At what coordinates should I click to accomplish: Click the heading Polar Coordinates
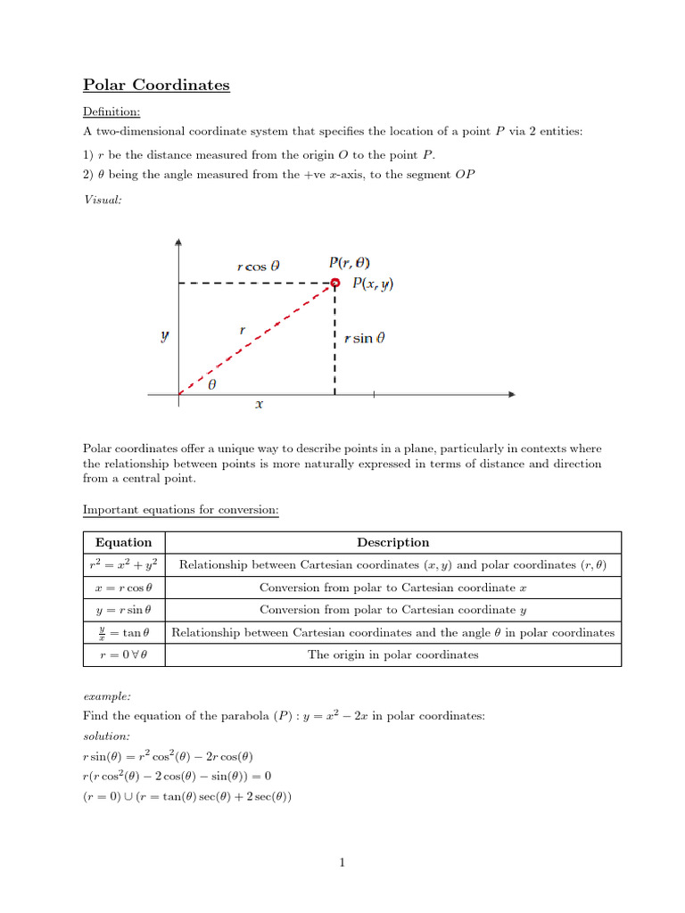pos(156,86)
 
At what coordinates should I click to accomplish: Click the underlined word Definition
pos(111,111)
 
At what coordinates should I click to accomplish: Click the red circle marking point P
pos(335,284)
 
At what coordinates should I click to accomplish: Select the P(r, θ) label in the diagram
pos(350,263)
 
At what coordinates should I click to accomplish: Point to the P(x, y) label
pos(373,284)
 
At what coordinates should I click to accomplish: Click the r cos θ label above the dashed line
pos(259,266)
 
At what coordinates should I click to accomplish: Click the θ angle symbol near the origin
pos(211,387)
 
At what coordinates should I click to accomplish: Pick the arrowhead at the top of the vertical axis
pos(179,243)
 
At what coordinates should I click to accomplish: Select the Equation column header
pos(123,542)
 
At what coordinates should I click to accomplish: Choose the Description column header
pos(392,542)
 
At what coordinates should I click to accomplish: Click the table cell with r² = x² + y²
pos(123,565)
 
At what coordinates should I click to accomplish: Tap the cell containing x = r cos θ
pos(123,588)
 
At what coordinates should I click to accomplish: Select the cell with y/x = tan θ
pos(123,632)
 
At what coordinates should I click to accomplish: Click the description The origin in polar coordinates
pos(392,654)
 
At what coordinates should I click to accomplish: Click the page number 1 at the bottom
pos(342,862)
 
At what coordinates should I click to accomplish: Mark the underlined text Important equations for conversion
pos(181,510)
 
